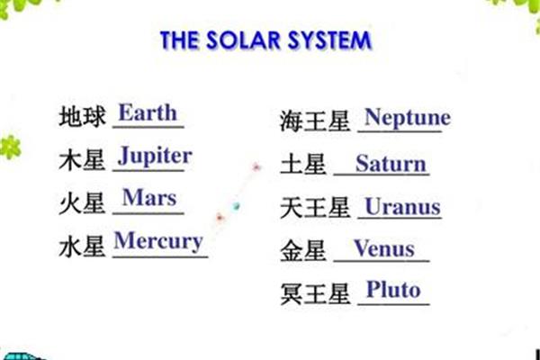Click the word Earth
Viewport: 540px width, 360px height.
pyautogui.click(x=148, y=112)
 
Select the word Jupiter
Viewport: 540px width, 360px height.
pyautogui.click(x=155, y=156)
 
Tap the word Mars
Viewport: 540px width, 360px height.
pyautogui.click(x=149, y=198)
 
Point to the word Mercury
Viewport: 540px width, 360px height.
pyautogui.click(x=158, y=242)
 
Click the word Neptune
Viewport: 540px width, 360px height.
pyautogui.click(x=408, y=118)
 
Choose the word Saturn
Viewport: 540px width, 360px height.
pyautogui.click(x=391, y=163)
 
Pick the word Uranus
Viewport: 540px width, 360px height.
pyautogui.click(x=402, y=207)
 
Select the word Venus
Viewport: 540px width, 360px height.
pyautogui.click(x=384, y=248)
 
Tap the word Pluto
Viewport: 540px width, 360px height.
pyautogui.click(x=393, y=289)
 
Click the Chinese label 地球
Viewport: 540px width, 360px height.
pyautogui.click(x=82, y=116)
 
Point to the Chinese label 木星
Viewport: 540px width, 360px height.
pyautogui.click(x=82, y=160)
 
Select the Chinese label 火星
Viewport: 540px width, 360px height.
pyautogui.click(x=82, y=203)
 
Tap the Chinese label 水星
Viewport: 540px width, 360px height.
pyautogui.click(x=82, y=247)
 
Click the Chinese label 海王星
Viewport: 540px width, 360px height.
pyautogui.click(x=315, y=121)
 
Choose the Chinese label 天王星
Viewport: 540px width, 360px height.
pyautogui.click(x=315, y=208)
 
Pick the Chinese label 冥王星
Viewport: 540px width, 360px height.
pyautogui.click(x=315, y=294)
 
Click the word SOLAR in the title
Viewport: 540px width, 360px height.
pyautogui.click(x=243, y=40)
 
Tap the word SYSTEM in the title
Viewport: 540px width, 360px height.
pyautogui.click(x=329, y=40)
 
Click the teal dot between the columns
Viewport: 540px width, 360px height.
pyautogui.click(x=236, y=206)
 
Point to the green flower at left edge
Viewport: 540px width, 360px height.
pyautogui.click(x=10, y=148)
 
